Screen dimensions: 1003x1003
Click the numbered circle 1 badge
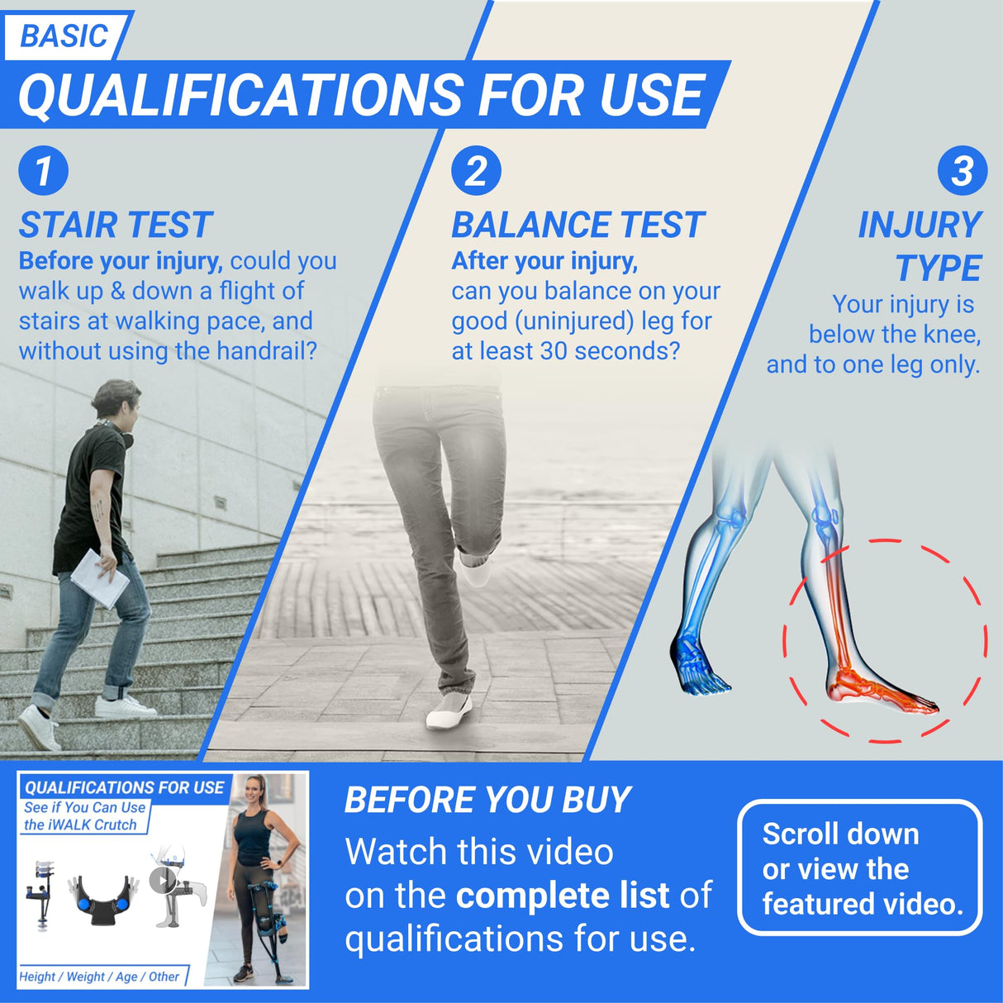(x=43, y=171)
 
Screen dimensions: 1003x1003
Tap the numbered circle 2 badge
(x=476, y=171)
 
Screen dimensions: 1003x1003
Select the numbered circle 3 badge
(x=962, y=171)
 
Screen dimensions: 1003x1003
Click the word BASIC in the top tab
(x=64, y=36)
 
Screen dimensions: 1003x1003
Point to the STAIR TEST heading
(x=116, y=225)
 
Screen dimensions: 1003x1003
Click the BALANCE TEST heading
(x=578, y=225)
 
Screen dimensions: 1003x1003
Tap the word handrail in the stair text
(x=266, y=351)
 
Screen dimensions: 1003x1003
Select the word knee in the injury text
(x=951, y=335)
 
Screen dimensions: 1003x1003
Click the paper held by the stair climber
(x=100, y=578)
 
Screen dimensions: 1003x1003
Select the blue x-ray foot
(x=699, y=662)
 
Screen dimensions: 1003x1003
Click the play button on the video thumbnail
(x=164, y=880)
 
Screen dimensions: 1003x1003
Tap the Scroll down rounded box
(x=859, y=868)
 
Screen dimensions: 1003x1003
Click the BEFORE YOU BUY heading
(x=487, y=800)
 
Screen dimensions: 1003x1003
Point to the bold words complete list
(x=562, y=896)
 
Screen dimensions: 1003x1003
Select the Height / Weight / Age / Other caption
(x=100, y=977)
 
